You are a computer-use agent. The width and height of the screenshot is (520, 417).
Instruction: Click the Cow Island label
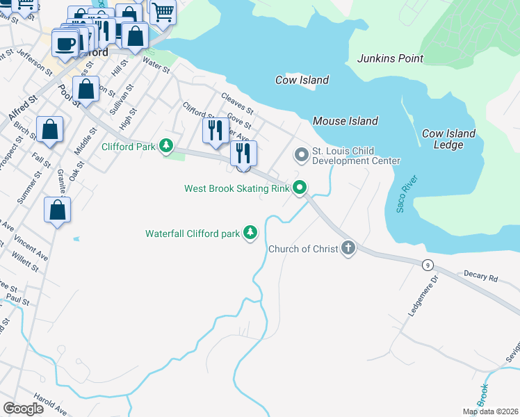pos(302,80)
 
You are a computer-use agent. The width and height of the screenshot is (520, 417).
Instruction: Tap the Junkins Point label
pos(390,58)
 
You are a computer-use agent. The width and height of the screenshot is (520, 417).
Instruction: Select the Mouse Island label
pos(346,121)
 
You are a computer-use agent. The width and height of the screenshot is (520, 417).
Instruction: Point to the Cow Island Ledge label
pos(448,139)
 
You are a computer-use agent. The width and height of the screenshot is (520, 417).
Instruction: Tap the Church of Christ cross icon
pos(348,248)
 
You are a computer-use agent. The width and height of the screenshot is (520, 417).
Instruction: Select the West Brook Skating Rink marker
pos(300,188)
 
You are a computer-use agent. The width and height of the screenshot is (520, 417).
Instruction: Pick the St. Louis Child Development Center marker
pos(301,155)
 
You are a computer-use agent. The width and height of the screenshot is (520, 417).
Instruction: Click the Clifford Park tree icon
pos(165,146)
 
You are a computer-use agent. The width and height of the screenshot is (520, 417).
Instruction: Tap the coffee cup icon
pos(65,44)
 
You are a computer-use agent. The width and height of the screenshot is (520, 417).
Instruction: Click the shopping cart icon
pos(163,11)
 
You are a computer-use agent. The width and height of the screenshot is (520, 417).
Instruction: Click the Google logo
pos(23,409)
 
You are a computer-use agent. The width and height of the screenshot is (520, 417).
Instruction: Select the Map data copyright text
pos(491,411)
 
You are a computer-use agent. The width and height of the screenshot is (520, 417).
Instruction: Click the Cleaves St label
pos(236,104)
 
